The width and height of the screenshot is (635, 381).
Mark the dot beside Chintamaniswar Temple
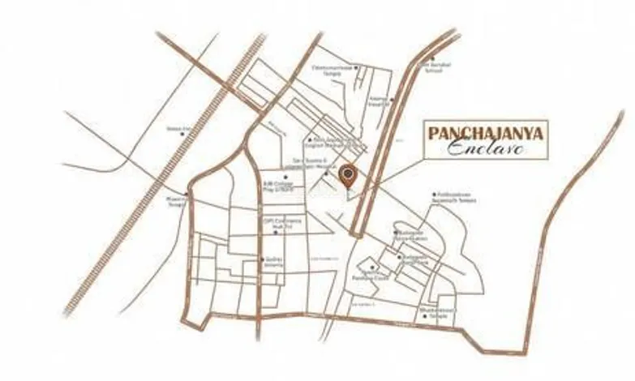coord(358,68)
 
